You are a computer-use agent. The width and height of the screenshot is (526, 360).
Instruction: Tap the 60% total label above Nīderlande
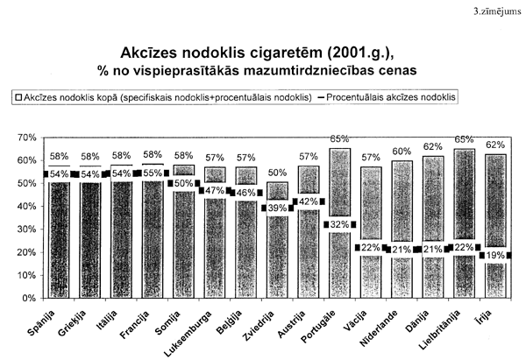[x=402, y=152]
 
